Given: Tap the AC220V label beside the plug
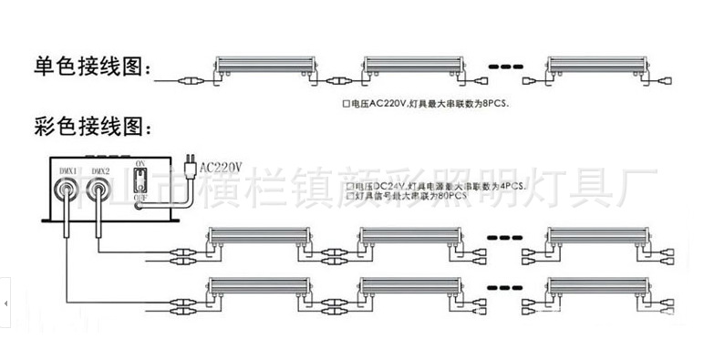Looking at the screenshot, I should click(222, 167).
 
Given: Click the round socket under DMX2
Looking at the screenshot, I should click(98, 190).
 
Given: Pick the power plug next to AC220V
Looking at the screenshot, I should click(189, 165).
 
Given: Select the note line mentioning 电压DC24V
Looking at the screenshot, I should click(438, 185).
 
